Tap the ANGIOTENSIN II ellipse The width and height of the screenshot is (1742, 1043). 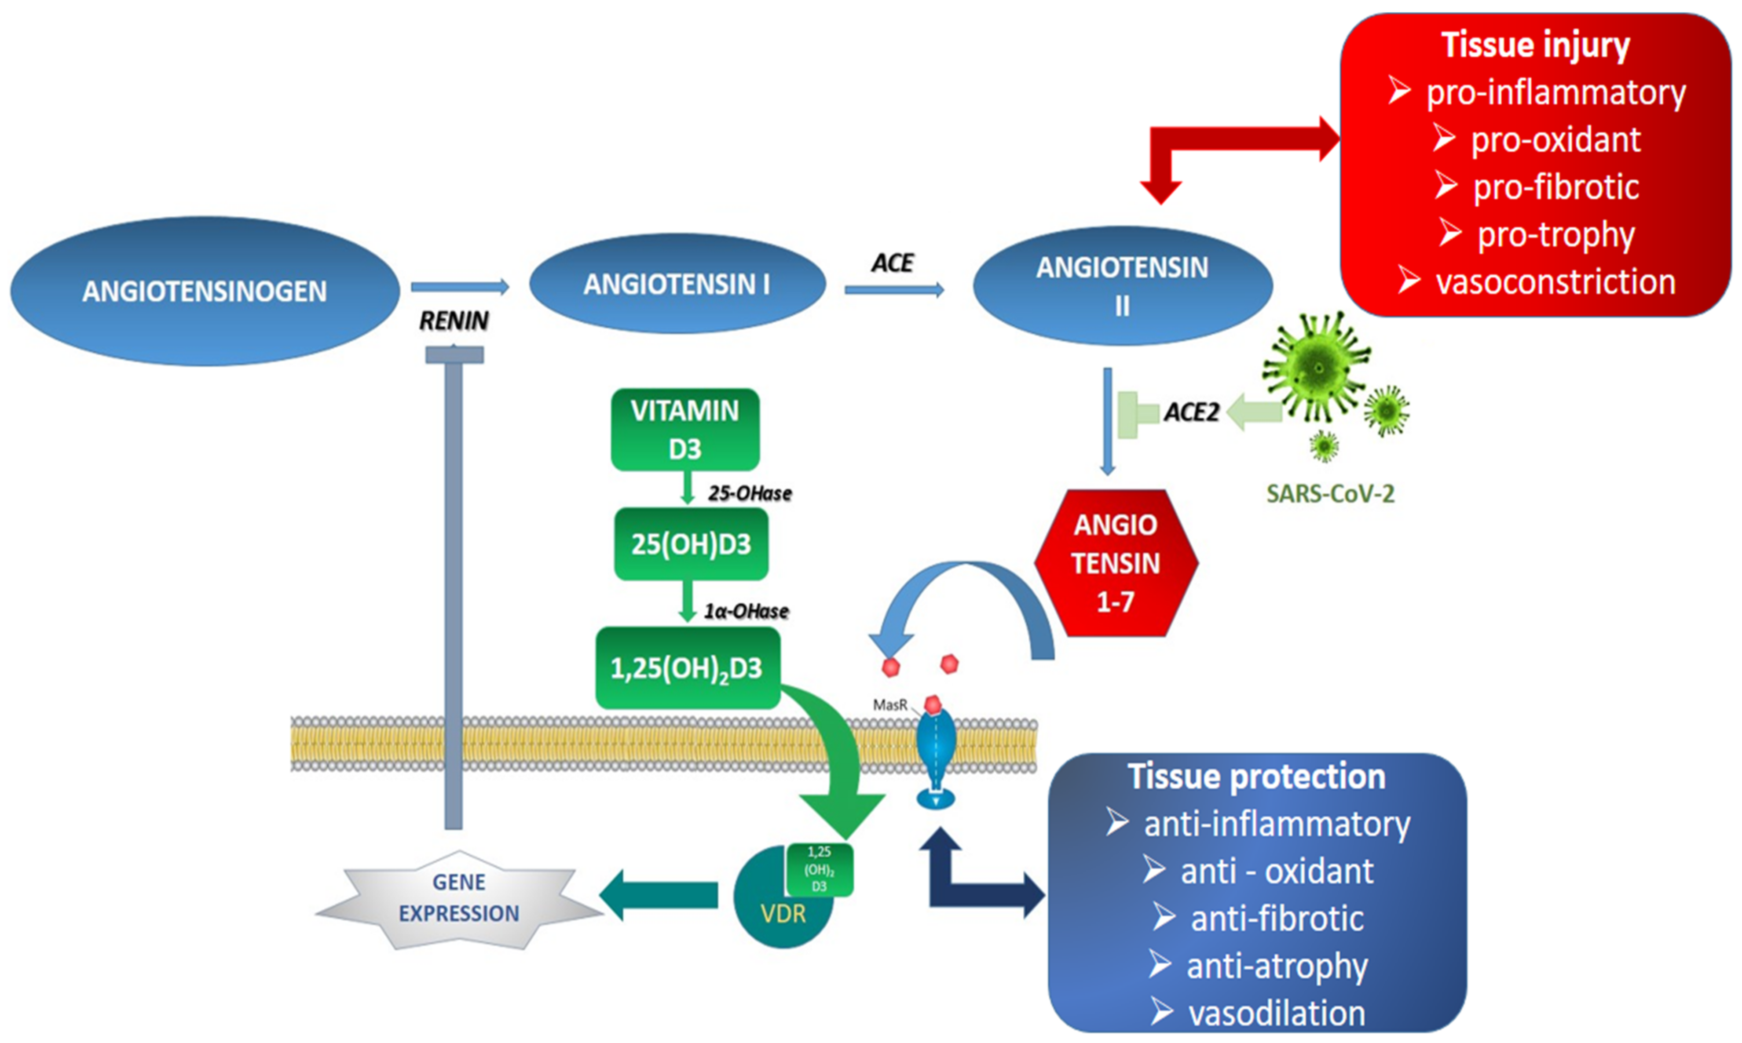point(1123,285)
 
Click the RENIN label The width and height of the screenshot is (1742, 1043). point(454,321)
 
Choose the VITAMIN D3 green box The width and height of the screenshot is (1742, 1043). point(685,430)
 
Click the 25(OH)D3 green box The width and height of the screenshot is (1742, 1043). point(691,544)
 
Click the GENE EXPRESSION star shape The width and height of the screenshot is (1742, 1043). point(459,899)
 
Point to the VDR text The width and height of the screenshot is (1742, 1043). point(783,914)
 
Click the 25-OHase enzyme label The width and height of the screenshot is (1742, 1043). point(750,493)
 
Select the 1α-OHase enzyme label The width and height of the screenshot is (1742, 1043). point(747,611)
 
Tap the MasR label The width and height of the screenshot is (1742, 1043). point(890,704)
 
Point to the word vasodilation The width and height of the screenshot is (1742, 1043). point(1277,1014)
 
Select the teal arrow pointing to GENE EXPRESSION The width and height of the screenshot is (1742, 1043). point(658,895)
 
